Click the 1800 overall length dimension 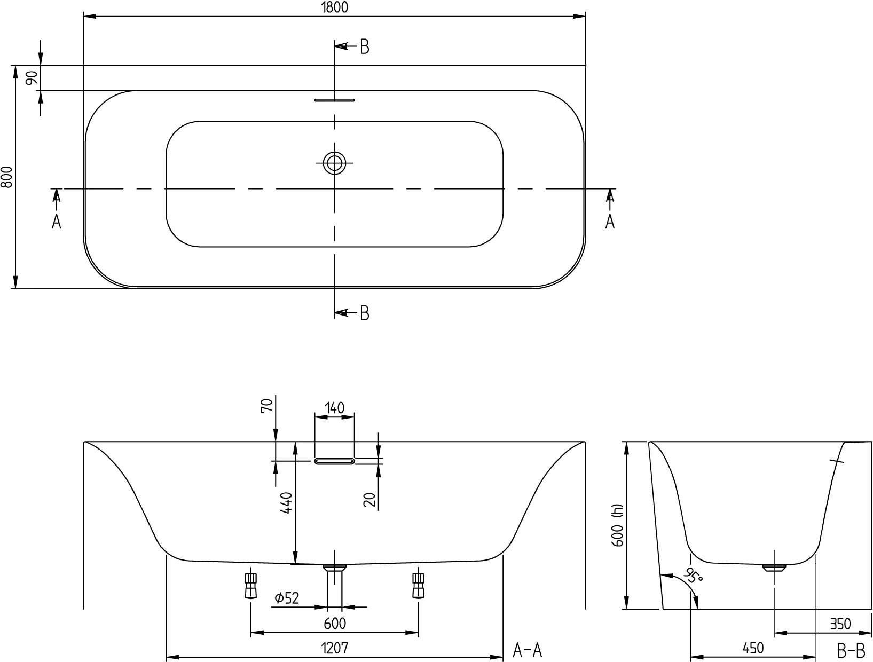click(334, 7)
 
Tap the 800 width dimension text click(7, 177)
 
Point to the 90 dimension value click(32, 77)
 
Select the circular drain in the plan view click(334, 163)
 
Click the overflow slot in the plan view click(334, 100)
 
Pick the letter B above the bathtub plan click(364, 47)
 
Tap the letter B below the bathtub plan click(364, 313)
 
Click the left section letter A click(57, 222)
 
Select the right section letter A click(610, 222)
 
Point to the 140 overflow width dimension click(334, 408)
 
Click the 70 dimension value click(267, 405)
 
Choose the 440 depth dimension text click(286, 502)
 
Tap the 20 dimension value click(369, 500)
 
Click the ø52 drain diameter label click(287, 598)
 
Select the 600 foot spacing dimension click(335, 624)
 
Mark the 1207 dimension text click(334, 649)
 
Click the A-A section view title click(528, 650)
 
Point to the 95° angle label click(693, 575)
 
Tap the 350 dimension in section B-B click(840, 624)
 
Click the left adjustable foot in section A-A click(250, 586)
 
